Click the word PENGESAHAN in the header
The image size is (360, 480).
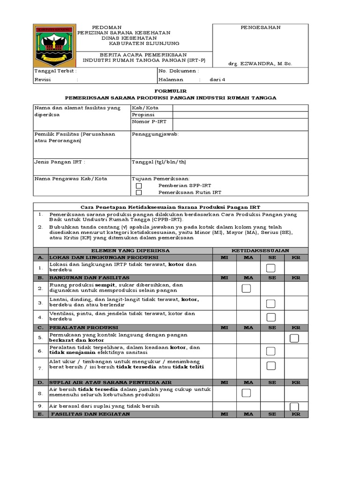(261, 28)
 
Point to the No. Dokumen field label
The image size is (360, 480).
(179, 71)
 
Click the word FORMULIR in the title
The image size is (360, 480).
(170, 90)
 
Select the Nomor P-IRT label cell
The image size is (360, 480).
(149, 122)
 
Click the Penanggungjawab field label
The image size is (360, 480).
(155, 134)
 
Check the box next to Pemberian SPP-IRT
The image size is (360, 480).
(139, 186)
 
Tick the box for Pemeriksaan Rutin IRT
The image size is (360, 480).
(139, 192)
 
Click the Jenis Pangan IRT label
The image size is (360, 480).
(60, 162)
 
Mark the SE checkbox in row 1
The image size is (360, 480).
(270, 268)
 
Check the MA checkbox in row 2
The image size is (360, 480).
(246, 289)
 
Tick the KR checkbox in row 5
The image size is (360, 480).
(294, 338)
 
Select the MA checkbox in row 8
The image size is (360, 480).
(246, 393)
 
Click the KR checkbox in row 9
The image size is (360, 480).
(294, 406)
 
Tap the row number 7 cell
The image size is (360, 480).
(40, 368)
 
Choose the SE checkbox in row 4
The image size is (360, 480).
(270, 317)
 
